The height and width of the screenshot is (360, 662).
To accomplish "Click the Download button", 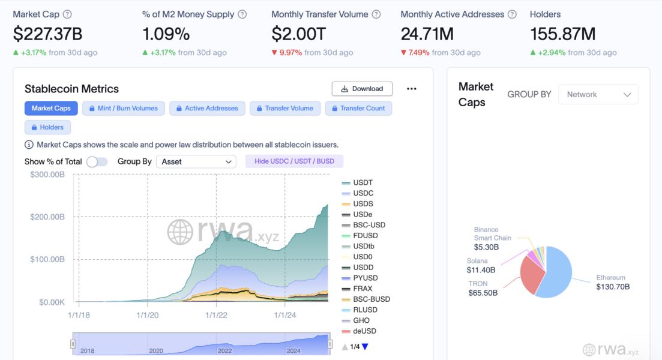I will (362, 89).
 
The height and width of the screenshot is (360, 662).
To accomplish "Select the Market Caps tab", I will (51, 109).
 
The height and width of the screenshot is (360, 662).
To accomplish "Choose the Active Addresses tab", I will (206, 109).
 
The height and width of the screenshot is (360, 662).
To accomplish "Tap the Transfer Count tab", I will (358, 109).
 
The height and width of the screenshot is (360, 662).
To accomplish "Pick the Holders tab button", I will (47, 127).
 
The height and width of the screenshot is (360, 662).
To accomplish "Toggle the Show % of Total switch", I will (97, 162).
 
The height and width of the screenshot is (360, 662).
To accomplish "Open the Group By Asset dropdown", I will (196, 162).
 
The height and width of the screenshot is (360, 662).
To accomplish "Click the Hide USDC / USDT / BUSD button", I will (294, 161).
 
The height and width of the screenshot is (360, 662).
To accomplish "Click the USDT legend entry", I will (363, 182).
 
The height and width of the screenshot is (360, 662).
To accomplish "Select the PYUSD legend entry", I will (365, 278).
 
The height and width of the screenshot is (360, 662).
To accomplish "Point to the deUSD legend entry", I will (364, 331).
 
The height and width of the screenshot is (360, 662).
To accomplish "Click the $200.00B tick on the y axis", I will (47, 217).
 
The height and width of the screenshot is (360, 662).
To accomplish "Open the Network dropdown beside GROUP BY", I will (598, 95).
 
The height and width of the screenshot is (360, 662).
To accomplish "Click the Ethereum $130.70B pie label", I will (612, 283).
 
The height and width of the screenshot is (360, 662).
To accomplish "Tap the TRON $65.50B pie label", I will (483, 289).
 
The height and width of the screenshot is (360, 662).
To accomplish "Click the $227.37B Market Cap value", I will (47, 34).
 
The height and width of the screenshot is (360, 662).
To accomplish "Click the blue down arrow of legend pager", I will (365, 347).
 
